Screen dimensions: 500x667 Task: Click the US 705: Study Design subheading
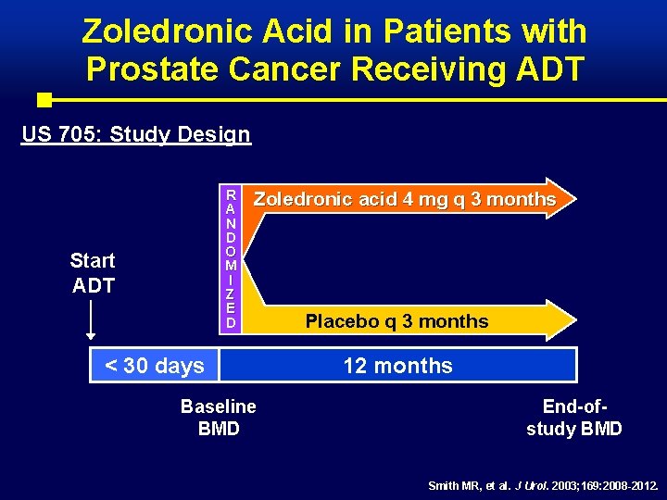(136, 134)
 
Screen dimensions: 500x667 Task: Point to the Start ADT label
(93, 273)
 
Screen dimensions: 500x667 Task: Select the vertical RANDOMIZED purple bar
(231, 258)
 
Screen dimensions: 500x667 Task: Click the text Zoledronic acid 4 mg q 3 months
(405, 199)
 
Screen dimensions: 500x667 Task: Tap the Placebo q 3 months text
(396, 321)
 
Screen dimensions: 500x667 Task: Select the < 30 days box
(155, 366)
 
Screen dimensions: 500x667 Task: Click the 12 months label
(397, 366)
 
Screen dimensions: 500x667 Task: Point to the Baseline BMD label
(219, 417)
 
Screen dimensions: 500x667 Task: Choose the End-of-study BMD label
(573, 417)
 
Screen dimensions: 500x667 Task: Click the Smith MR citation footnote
(543, 485)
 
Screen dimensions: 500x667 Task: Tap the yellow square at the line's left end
(44, 99)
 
